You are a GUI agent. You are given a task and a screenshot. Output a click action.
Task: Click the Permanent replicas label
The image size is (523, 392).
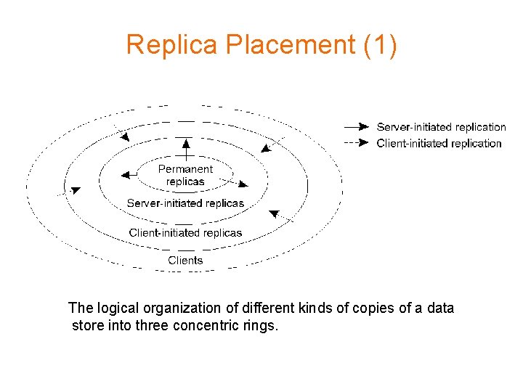(x=185, y=175)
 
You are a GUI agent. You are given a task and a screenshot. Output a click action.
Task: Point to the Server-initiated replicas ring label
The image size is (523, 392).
(x=185, y=203)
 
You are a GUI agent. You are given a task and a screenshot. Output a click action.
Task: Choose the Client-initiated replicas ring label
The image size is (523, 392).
(x=185, y=232)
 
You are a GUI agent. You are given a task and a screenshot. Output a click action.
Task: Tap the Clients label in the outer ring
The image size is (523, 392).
(x=185, y=260)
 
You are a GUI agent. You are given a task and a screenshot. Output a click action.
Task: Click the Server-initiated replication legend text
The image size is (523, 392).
(x=441, y=127)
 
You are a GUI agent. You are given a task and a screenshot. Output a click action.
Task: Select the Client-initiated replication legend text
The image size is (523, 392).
(x=439, y=143)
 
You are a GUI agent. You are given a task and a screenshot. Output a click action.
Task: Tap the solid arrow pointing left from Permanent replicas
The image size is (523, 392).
(x=130, y=174)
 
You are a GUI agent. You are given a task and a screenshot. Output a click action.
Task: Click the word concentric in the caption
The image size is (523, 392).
(x=208, y=326)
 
